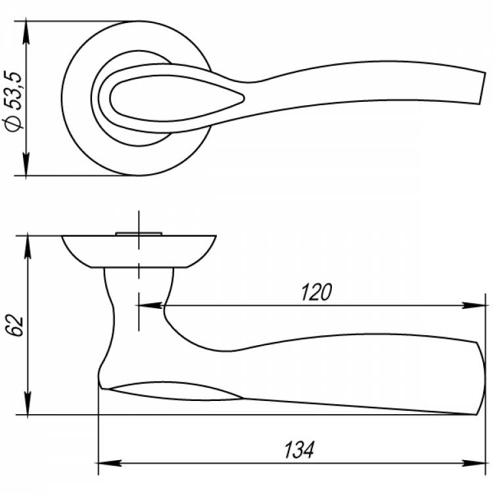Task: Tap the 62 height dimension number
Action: [16, 325]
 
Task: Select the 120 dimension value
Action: [316, 292]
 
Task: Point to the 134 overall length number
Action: [299, 450]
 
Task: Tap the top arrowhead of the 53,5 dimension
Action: [26, 32]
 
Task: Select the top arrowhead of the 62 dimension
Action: [28, 247]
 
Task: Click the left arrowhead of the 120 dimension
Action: [151, 305]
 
